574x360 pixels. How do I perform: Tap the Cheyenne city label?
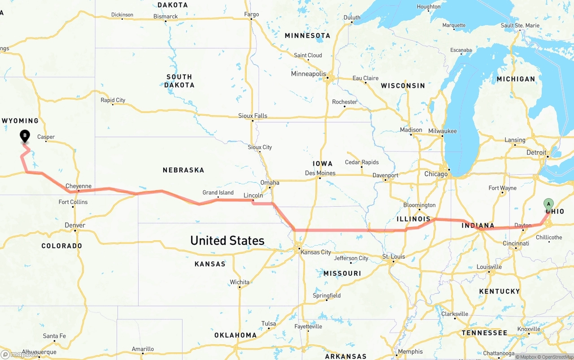(78, 186)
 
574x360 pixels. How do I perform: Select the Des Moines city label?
(320, 173)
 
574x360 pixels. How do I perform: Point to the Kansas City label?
(316, 252)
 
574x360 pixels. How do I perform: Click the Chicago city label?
(436, 174)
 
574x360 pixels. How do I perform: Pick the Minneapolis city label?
(309, 74)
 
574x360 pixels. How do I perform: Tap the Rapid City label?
(113, 100)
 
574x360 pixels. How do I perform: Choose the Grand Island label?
(218, 193)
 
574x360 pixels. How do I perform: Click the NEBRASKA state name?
(183, 170)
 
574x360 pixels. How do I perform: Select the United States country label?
(227, 241)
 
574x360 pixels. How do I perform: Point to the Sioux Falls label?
(252, 116)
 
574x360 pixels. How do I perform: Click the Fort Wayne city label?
(502, 188)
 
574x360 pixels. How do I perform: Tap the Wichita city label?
(239, 282)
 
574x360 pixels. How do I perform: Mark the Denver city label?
(75, 225)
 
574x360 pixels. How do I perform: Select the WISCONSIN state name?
(403, 86)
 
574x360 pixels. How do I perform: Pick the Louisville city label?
(489, 267)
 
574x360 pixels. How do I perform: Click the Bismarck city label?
(165, 17)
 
